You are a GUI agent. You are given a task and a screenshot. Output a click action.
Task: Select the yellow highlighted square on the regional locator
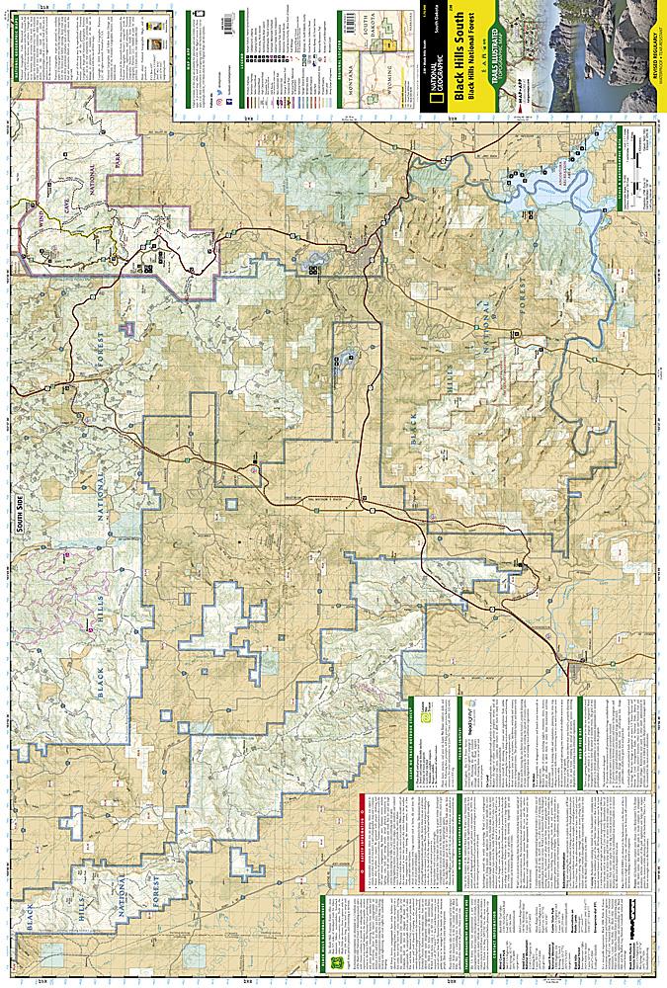click(x=391, y=44)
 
